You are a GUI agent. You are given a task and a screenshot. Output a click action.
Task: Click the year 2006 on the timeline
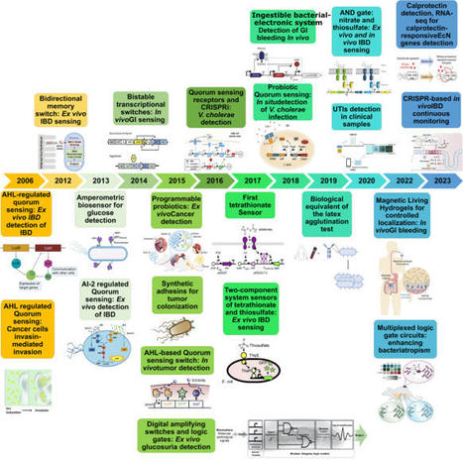[26, 182]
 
